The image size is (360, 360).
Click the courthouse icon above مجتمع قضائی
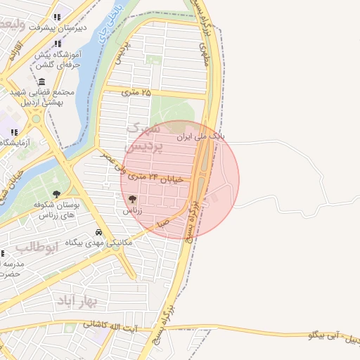(42, 82)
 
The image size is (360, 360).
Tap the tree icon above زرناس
(133, 199)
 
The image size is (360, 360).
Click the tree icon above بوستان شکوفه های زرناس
(57, 194)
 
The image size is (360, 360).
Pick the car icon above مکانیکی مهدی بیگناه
(98, 232)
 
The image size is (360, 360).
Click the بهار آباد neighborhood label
(92, 301)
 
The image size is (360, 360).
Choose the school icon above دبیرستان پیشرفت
(58, 17)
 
